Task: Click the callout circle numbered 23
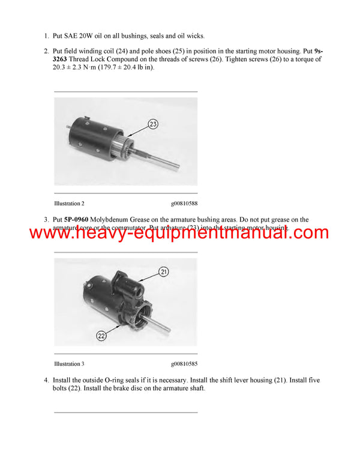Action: [153, 124]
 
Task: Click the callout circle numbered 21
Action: [163, 272]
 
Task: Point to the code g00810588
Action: [184, 204]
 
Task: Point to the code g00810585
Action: [184, 364]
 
